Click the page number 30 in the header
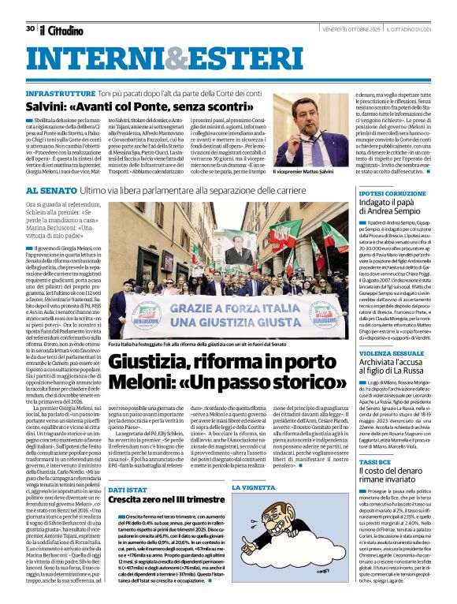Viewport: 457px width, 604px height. coord(30,28)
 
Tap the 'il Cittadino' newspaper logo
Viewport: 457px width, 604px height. coord(61,30)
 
